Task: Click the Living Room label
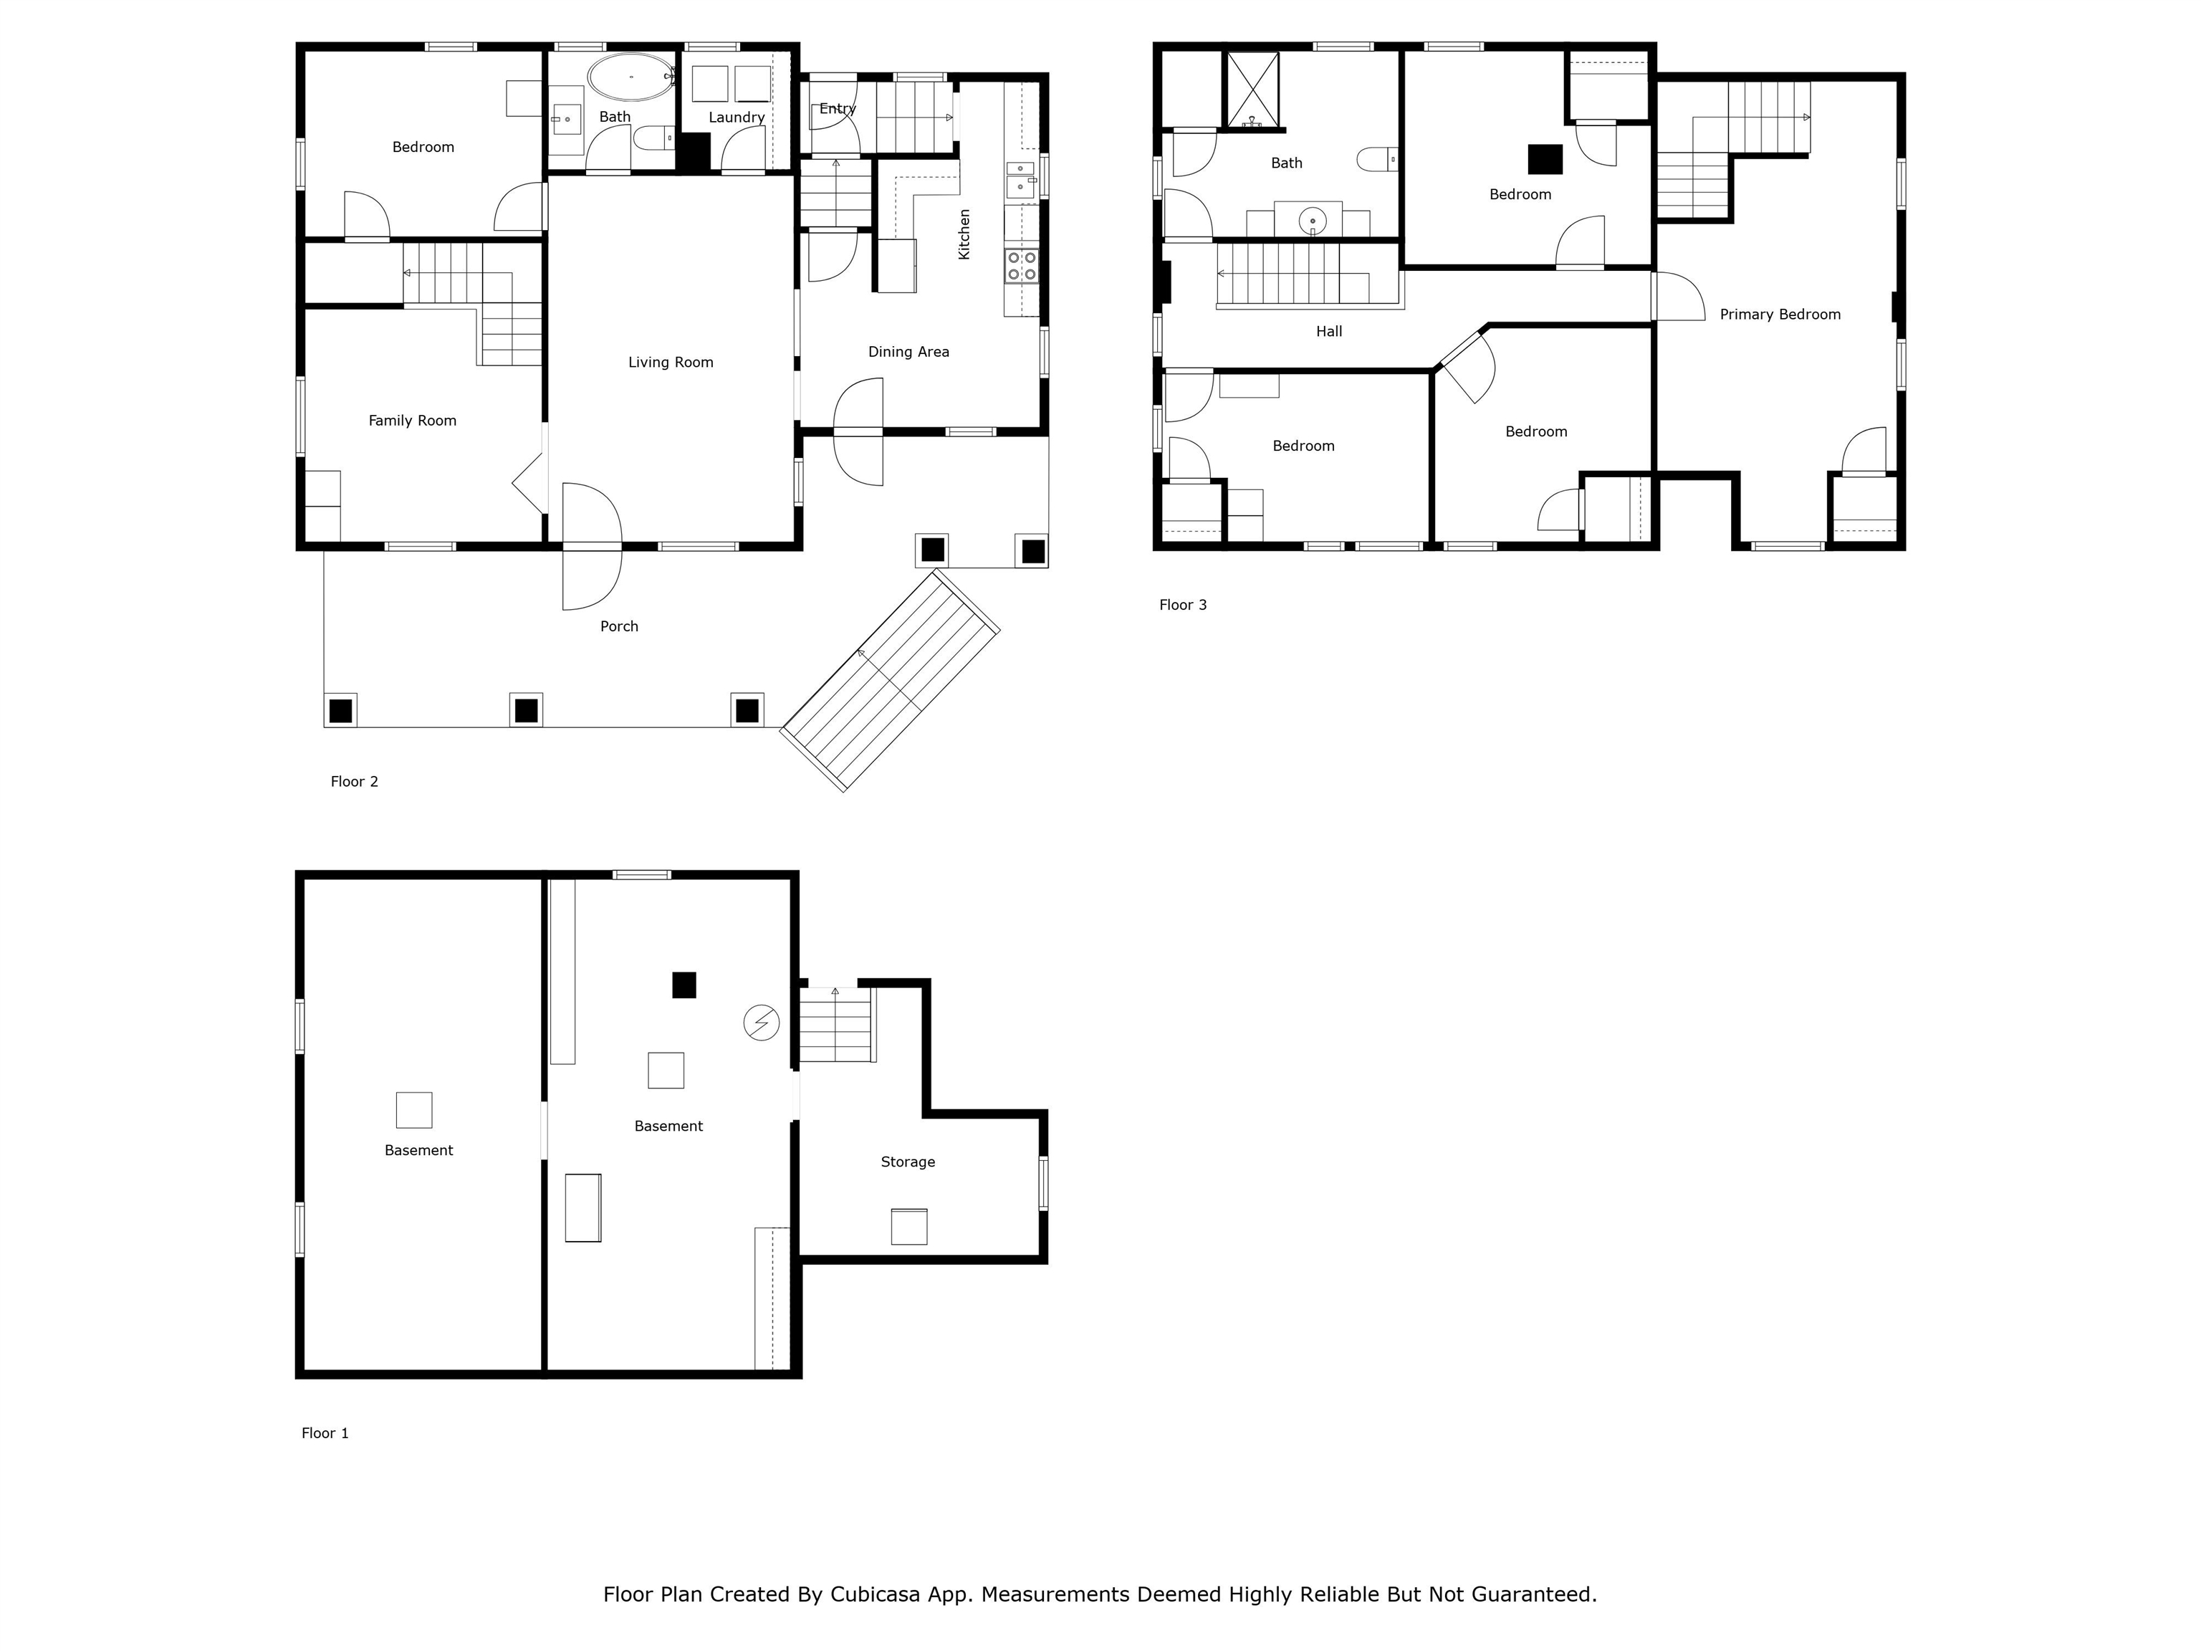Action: (671, 363)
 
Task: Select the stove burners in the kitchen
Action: (1022, 266)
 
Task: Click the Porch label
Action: (619, 626)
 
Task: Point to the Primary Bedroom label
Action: (1780, 315)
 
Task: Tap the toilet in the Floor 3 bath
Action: (1378, 159)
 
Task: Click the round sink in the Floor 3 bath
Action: (1313, 220)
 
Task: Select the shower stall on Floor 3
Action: (1252, 90)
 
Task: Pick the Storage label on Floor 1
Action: (908, 1162)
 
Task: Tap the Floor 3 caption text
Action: (1183, 605)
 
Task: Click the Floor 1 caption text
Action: (325, 1433)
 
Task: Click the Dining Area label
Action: (908, 351)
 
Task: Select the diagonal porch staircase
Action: (891, 681)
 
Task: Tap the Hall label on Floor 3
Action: (1329, 331)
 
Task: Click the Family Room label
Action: (412, 421)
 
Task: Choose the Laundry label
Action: (737, 118)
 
